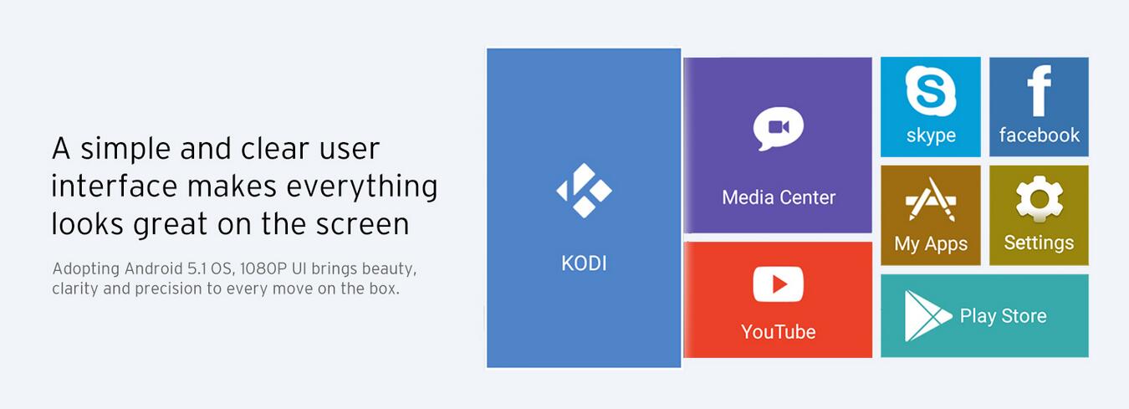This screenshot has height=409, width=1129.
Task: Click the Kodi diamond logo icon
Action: click(x=584, y=191)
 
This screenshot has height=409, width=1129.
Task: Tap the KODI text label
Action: click(x=584, y=263)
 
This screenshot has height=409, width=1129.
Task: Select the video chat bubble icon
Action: click(x=779, y=129)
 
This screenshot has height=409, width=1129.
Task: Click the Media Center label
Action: click(x=779, y=197)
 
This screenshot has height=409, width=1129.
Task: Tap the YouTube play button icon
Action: click(x=779, y=284)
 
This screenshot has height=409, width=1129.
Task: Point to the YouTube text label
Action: click(x=779, y=332)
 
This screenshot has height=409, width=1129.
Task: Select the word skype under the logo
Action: click(x=931, y=135)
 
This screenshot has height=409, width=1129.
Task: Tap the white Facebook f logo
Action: click(x=1040, y=91)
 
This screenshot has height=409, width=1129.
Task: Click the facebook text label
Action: click(x=1040, y=135)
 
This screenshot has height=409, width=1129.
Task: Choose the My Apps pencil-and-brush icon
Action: click(x=931, y=199)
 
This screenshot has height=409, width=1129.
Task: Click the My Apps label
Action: click(x=931, y=244)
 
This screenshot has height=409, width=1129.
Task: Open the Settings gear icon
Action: click(x=1040, y=198)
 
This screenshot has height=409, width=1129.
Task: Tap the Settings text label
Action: click(x=1039, y=243)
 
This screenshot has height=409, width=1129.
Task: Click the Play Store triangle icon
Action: click(x=927, y=316)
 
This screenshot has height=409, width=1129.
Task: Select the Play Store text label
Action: click(x=1003, y=316)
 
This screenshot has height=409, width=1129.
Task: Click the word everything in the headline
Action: click(x=362, y=187)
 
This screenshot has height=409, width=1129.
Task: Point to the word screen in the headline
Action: click(x=362, y=224)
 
